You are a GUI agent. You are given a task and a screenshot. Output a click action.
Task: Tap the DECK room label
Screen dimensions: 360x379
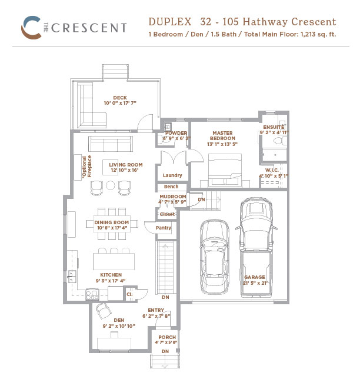tap(120, 98)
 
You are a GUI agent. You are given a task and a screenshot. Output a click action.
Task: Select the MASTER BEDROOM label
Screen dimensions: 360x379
tap(222, 135)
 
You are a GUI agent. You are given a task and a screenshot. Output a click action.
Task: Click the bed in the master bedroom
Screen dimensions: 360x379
tap(225, 170)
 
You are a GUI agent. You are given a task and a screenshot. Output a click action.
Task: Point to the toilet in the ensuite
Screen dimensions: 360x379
tap(280, 141)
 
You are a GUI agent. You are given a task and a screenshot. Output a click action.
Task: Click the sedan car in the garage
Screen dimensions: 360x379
tap(214, 257)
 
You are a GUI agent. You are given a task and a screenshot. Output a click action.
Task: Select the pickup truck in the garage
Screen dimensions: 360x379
tap(256, 247)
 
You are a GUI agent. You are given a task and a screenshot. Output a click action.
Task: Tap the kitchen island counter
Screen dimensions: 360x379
tap(114, 261)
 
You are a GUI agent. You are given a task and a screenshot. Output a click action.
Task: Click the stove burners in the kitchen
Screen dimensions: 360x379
tap(92, 295)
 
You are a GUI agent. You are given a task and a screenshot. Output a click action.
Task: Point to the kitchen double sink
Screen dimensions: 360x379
tap(72, 277)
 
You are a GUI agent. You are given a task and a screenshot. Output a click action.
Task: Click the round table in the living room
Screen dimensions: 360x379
tap(111, 185)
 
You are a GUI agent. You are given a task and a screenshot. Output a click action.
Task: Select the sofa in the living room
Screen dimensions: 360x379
tap(111, 144)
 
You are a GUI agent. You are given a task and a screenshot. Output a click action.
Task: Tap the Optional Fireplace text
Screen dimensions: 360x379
tap(86, 167)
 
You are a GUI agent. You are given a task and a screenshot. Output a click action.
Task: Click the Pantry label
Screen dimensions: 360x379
tap(164, 228)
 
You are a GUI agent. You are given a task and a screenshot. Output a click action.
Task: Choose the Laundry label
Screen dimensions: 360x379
tap(172, 175)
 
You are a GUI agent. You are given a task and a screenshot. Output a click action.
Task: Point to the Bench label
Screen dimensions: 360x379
tap(171, 187)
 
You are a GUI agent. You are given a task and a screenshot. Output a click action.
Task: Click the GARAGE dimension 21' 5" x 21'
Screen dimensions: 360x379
tap(255, 283)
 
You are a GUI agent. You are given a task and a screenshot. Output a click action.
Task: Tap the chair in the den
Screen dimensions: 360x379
tap(104, 311)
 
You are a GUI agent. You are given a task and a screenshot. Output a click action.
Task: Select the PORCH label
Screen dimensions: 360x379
tap(167, 337)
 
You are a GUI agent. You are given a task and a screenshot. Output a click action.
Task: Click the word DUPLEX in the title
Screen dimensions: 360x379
tap(170, 22)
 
